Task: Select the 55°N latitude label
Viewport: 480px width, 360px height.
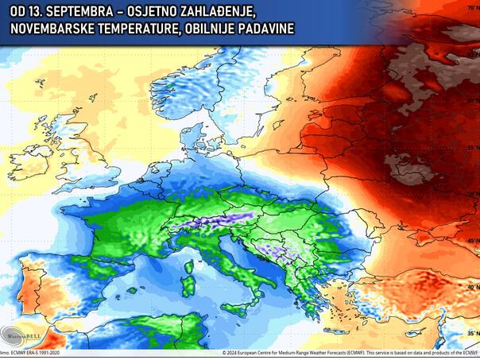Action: pyautogui.click(x=472, y=148)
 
